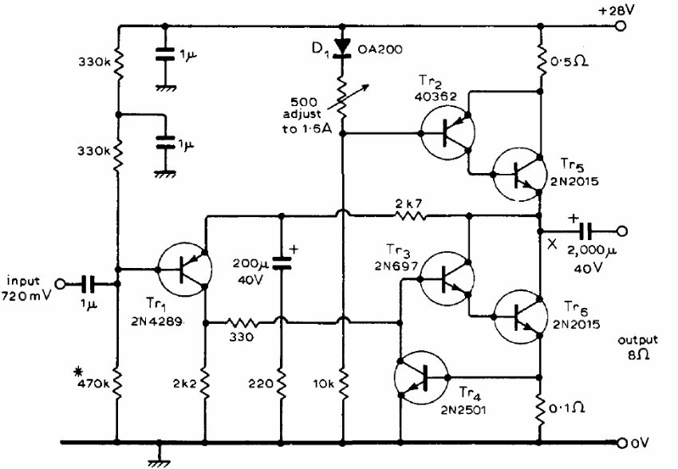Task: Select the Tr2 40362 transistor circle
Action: pyautogui.click(x=445, y=132)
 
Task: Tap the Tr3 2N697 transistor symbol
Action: pyautogui.click(x=445, y=276)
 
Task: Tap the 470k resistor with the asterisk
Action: pyautogui.click(x=117, y=387)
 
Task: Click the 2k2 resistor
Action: pyautogui.click(x=205, y=386)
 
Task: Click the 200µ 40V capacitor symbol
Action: pyautogui.click(x=282, y=261)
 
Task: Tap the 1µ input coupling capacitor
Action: pyautogui.click(x=89, y=282)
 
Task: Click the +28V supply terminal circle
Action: pyautogui.click(x=621, y=26)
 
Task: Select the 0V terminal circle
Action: pyautogui.click(x=621, y=440)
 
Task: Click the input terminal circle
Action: pyautogui.click(x=59, y=282)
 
